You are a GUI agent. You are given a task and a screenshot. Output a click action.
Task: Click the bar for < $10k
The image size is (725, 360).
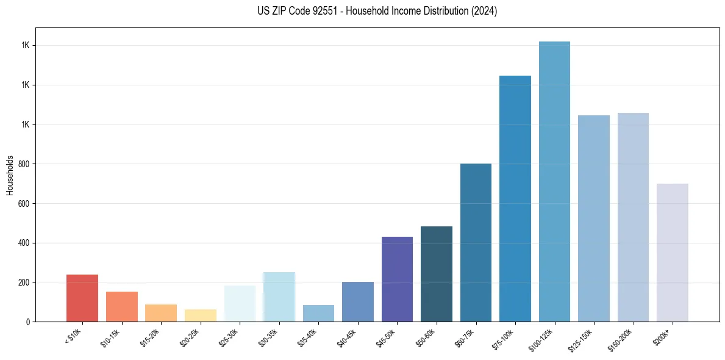[x=82, y=298]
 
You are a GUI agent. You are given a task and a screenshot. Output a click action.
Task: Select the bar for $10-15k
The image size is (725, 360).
[x=121, y=306]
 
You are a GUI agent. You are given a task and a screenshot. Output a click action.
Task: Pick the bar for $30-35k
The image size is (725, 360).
[x=279, y=297]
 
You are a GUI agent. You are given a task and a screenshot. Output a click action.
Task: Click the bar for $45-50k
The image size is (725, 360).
[x=397, y=279]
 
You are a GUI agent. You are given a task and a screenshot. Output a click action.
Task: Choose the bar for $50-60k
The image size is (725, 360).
[x=437, y=274]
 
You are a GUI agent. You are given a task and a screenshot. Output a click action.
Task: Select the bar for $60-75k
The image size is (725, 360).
[x=476, y=242]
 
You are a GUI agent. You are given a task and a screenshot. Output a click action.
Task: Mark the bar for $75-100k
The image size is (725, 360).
[x=515, y=198]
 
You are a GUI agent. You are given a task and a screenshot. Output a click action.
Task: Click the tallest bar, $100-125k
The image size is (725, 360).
[x=554, y=181]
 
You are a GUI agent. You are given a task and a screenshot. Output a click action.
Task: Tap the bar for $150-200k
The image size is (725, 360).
[x=633, y=217]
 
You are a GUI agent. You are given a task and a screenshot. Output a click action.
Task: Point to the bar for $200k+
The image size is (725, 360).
[x=673, y=253]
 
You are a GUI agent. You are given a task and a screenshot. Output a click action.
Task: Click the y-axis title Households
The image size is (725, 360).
[x=10, y=175]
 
